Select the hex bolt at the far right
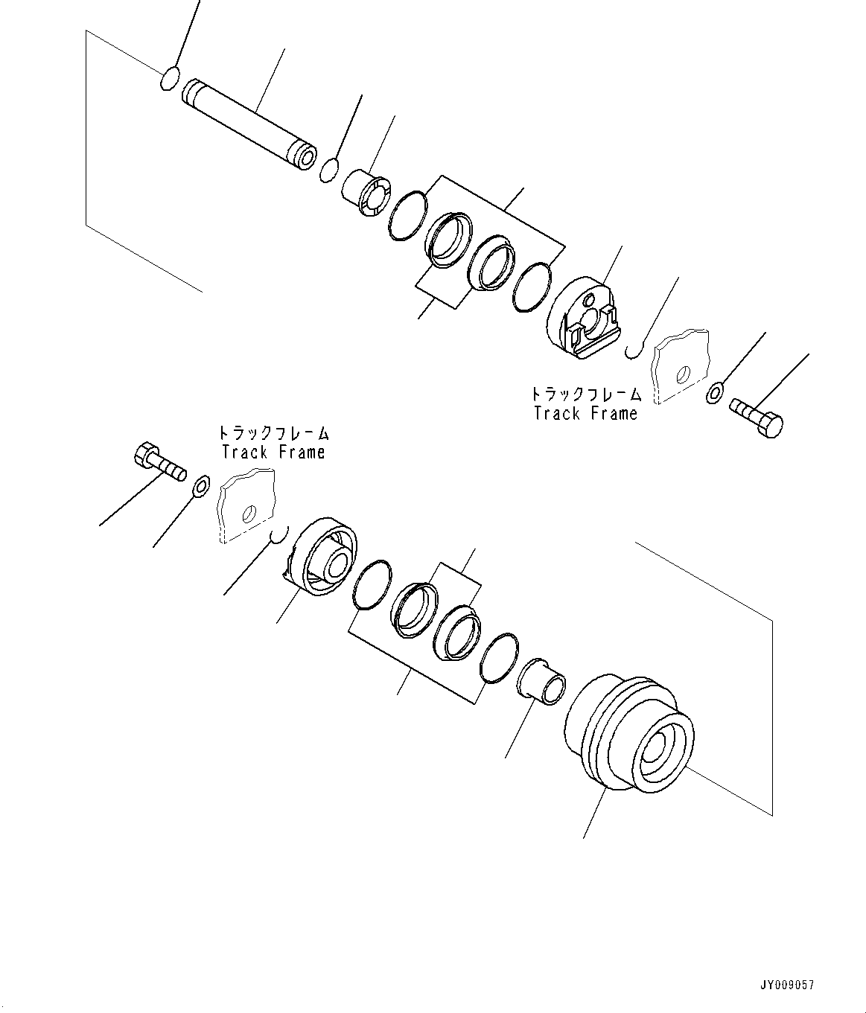757,416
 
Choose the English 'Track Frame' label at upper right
586,413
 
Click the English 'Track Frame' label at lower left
273,452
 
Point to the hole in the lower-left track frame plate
249,514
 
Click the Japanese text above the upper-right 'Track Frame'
586,394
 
